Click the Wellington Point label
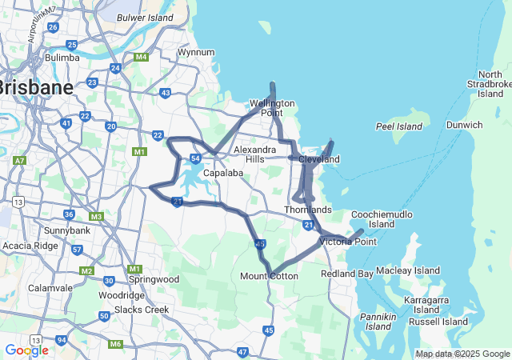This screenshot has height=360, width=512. click(272, 108)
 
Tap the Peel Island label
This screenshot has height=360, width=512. click(398, 126)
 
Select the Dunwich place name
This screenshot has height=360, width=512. click(464, 125)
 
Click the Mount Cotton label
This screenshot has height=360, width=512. click(269, 276)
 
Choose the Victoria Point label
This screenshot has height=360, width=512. click(347, 241)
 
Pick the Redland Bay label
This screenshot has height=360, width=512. click(346, 274)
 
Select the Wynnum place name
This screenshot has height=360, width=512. click(196, 52)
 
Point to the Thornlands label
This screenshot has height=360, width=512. click(308, 210)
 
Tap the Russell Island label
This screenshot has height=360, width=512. click(438, 322)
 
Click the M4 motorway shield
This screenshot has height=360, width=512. click(141, 57)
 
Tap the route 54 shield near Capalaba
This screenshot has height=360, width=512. click(195, 158)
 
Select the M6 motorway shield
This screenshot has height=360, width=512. click(115, 344)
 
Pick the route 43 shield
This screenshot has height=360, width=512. click(165, 94)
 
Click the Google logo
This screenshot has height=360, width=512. click(26, 350)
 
